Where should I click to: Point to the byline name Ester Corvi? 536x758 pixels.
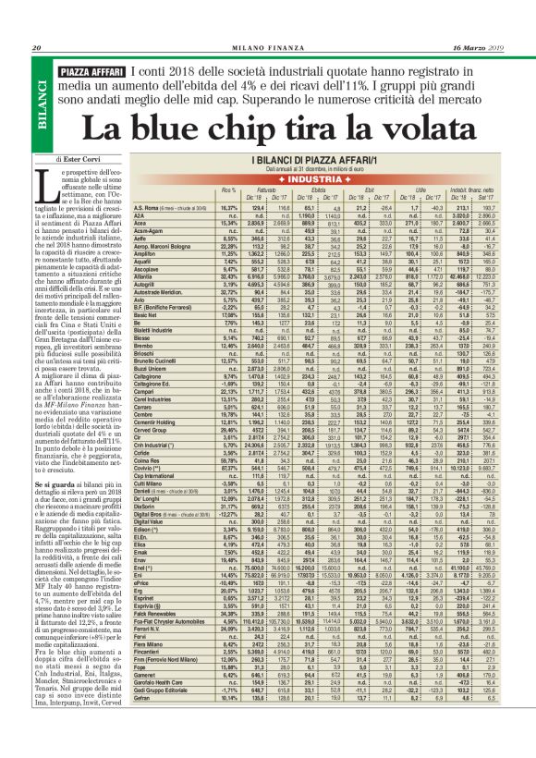(x=89, y=159)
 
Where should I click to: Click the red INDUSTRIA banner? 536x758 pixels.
(x=332, y=178)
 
